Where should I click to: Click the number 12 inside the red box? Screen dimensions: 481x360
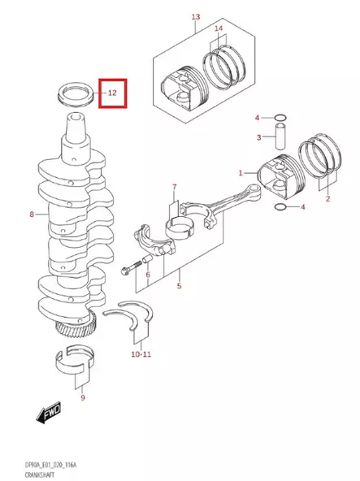(112, 93)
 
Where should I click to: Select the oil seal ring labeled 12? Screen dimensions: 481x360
(77, 91)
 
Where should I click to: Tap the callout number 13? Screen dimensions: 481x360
(195, 17)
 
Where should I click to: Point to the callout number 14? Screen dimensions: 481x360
(217, 29)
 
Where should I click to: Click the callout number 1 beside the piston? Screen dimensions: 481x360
(241, 173)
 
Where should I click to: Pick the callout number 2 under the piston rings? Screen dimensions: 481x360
(327, 198)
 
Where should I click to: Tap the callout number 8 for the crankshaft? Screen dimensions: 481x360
(31, 214)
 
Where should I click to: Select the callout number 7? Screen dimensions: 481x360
(174, 187)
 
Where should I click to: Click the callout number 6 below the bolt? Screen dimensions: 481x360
(148, 275)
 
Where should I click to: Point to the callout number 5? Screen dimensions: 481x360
(180, 287)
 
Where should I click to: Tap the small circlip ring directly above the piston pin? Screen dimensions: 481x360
(280, 117)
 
